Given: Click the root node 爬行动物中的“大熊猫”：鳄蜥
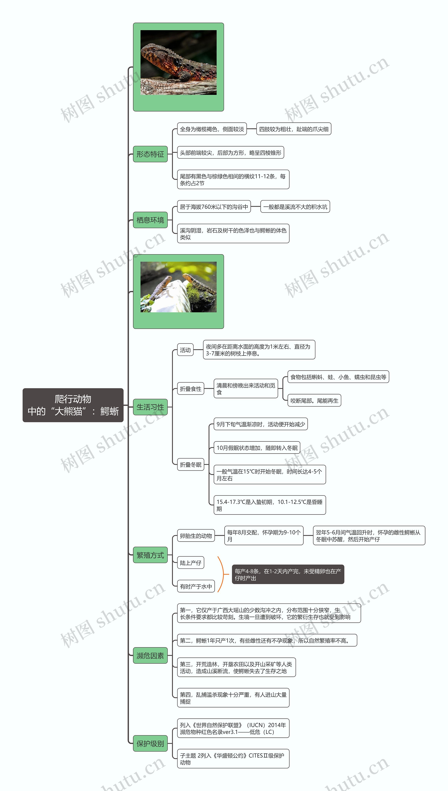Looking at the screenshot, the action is tap(73, 405).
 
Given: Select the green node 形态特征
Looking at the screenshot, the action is tap(150, 154).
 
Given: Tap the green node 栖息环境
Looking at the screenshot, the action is tap(150, 220).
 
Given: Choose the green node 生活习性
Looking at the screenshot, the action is tap(150, 407).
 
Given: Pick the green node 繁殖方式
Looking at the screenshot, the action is tap(150, 555).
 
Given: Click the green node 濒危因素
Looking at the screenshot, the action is tap(150, 655).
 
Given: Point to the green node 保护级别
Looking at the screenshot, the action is tap(150, 744).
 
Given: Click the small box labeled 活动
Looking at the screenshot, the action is tap(185, 350).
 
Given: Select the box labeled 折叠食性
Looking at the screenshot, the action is tap(190, 389).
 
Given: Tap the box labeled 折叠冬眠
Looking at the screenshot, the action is tap(190, 464).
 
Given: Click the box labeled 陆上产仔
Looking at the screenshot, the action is tap(190, 563).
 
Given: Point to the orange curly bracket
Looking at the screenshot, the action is tap(222, 574).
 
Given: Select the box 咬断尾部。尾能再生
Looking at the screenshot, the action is tap(314, 400).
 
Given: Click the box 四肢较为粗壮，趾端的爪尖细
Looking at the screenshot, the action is tap(293, 129).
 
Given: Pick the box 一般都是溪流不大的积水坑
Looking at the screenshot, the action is tap(295, 207).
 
